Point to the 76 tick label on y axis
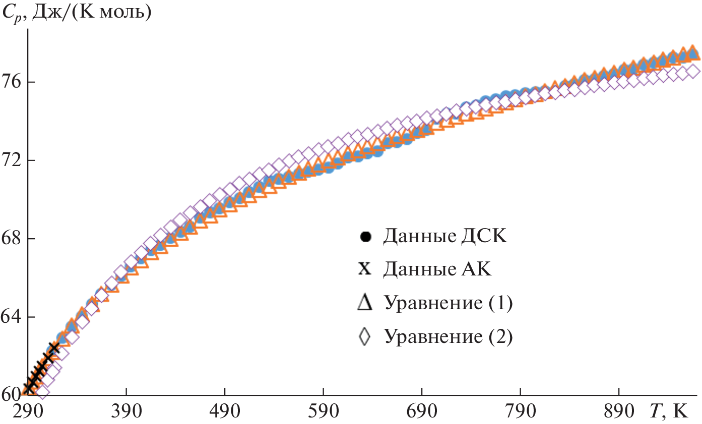12,82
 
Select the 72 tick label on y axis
12,161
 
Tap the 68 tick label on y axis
12,239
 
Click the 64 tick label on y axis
12,317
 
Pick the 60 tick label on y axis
12,394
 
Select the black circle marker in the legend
366,237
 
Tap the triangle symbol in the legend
365,304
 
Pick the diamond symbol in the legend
365,336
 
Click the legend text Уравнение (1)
448,304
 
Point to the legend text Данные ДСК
445,237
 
